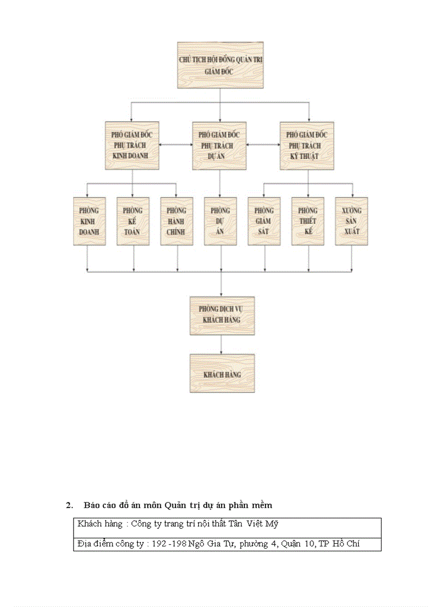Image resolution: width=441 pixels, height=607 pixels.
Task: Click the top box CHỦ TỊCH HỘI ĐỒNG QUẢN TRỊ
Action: (x=220, y=65)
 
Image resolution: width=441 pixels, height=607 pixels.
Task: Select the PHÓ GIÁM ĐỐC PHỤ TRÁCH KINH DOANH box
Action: (x=132, y=146)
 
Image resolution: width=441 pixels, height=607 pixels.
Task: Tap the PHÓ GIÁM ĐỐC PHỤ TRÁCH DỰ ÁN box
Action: (x=219, y=146)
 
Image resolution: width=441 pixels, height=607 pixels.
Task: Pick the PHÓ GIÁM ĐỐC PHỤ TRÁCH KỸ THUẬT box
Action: (x=306, y=146)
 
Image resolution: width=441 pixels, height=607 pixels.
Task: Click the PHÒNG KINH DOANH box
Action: (x=90, y=221)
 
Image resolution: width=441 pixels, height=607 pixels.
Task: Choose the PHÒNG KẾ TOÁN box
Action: (x=133, y=221)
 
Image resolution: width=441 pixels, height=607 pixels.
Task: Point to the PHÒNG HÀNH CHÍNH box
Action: (x=177, y=221)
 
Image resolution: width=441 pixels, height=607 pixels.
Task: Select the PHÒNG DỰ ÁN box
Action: (x=220, y=221)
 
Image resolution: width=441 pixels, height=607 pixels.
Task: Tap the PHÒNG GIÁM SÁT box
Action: (x=264, y=221)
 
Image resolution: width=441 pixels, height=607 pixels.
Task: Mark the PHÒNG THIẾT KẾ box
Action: (x=308, y=221)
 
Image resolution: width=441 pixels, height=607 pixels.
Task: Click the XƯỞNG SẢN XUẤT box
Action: (x=351, y=221)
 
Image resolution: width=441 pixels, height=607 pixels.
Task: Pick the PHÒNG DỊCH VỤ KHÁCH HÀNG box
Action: (x=222, y=315)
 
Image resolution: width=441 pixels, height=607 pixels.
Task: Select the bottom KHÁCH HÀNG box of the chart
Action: (x=222, y=373)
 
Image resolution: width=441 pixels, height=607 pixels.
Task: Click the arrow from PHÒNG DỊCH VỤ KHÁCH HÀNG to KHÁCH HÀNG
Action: (x=222, y=344)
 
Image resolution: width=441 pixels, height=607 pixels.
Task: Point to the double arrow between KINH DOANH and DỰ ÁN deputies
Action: (x=176, y=145)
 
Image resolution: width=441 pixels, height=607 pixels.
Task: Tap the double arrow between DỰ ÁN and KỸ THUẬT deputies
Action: (x=263, y=145)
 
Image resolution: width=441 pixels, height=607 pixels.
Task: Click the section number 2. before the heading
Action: (x=69, y=505)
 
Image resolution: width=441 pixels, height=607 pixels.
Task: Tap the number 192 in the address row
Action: (x=159, y=544)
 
